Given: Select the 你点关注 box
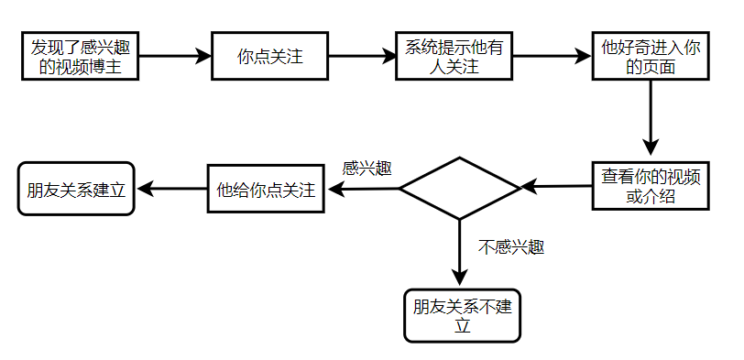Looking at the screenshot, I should (269, 57).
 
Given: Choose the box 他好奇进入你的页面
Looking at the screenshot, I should (651, 57).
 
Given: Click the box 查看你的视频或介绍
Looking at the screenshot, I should (651, 185).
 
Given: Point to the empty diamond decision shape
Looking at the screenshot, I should (460, 189).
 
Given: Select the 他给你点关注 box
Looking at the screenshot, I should (266, 190).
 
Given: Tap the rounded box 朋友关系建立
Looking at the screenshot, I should (76, 190).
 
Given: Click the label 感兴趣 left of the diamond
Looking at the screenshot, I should (367, 169).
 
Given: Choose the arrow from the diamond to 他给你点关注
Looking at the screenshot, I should (363, 190).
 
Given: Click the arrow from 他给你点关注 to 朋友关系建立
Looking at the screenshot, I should (171, 190).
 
